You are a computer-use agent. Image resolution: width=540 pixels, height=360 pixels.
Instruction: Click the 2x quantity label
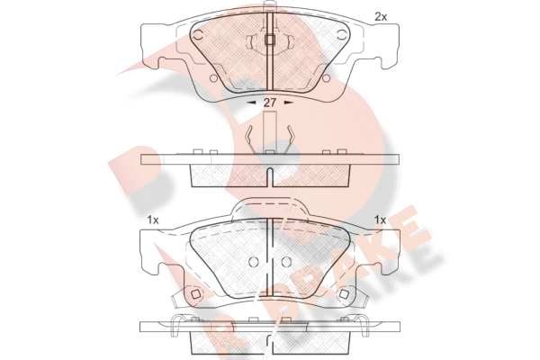pyautogui.click(x=381, y=17)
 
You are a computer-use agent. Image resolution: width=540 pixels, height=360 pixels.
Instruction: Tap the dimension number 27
pyautogui.click(x=270, y=103)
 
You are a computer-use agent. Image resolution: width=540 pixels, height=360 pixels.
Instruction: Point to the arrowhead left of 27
pyautogui.click(x=252, y=103)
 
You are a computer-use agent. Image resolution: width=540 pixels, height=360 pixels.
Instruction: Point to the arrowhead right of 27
pyautogui.click(x=289, y=103)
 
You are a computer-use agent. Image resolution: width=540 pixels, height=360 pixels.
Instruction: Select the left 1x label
pyautogui.click(x=153, y=220)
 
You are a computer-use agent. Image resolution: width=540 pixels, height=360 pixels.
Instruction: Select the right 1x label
pyautogui.click(x=381, y=220)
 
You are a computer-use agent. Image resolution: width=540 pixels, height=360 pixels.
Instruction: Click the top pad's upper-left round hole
pyautogui.click(x=198, y=34)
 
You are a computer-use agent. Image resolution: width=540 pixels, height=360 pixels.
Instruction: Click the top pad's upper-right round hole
pyautogui.click(x=342, y=34)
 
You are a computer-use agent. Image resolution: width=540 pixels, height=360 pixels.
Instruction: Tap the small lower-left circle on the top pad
pyautogui.click(x=213, y=78)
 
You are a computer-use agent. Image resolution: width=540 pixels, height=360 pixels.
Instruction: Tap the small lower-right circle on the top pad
pyautogui.click(x=326, y=78)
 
